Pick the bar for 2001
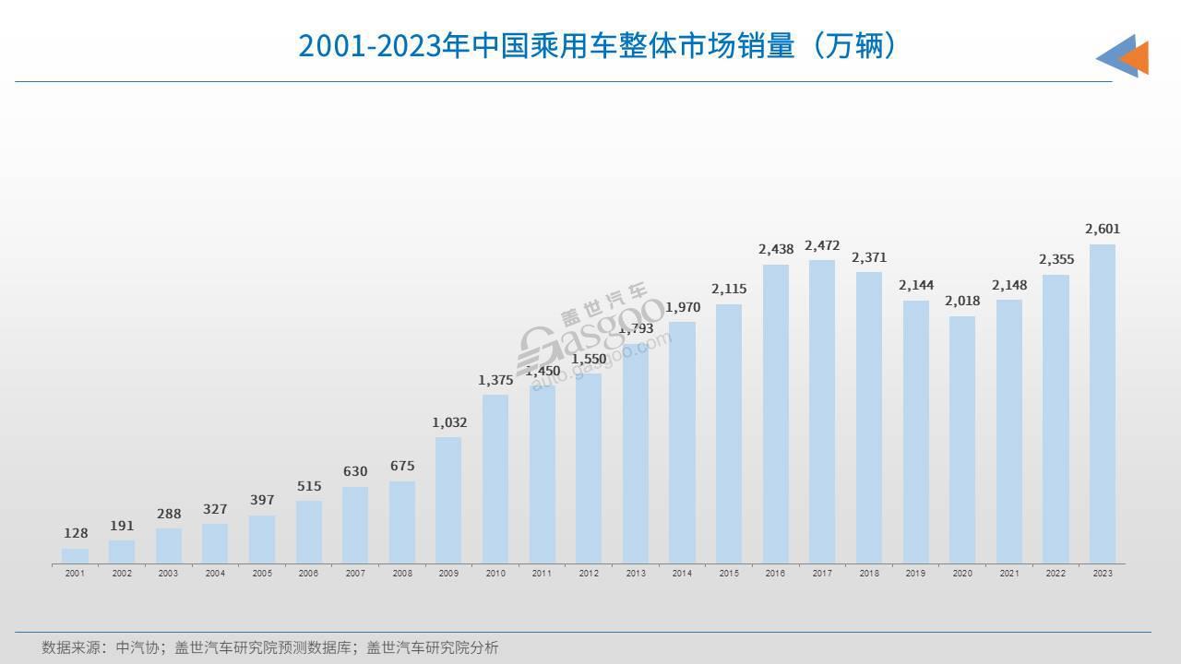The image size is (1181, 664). [76, 555]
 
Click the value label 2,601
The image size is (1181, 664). [1102, 229]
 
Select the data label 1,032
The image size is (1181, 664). [449, 422]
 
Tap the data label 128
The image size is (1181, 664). [76, 533]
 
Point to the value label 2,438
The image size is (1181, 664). [776, 249]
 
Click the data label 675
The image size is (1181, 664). [402, 466]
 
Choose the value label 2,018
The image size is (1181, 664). [962, 301]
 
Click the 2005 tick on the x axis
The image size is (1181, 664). [262, 574]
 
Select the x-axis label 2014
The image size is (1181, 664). [682, 574]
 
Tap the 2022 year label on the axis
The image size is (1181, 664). [1056, 574]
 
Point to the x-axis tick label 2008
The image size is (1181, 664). [402, 574]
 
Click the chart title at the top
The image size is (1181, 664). [597, 45]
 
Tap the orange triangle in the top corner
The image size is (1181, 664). [1136, 58]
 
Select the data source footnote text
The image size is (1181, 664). [269, 647]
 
